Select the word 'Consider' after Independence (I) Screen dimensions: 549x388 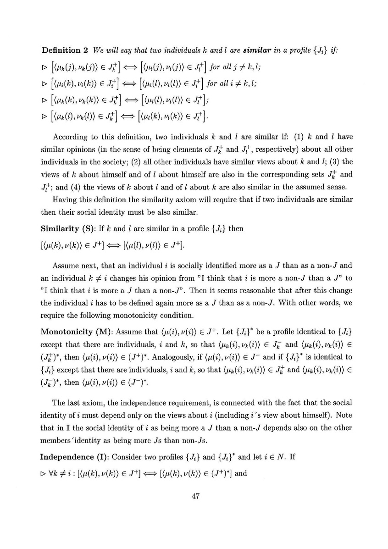128,457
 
